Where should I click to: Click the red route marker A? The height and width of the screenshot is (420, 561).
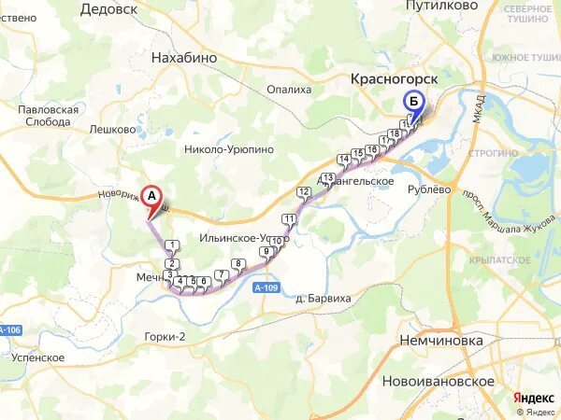[150, 196]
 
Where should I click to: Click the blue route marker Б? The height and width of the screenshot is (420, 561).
[412, 102]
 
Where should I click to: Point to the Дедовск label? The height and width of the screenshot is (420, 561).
[108, 8]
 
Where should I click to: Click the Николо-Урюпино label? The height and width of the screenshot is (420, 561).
[229, 148]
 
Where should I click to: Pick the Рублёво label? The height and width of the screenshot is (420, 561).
[431, 189]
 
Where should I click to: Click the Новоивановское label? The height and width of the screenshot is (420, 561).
[438, 381]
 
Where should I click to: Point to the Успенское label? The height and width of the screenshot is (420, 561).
[38, 357]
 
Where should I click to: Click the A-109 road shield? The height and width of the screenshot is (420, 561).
[266, 288]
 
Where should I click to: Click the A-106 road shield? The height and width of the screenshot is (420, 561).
[9, 329]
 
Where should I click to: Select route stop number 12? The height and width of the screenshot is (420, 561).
[302, 192]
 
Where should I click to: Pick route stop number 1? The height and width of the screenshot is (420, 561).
[171, 245]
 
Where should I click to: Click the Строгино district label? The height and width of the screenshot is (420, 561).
[496, 153]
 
